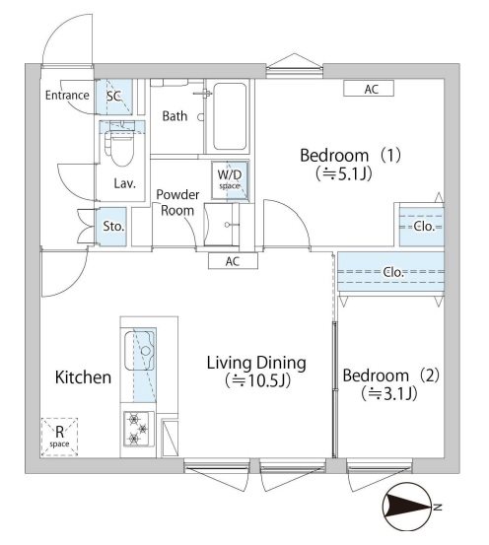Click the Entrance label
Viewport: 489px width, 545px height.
(x=67, y=96)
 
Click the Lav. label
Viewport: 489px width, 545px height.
(x=124, y=184)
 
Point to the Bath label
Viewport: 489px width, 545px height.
(x=175, y=116)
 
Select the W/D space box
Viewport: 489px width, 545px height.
(x=230, y=177)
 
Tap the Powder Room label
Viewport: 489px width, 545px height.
(x=178, y=202)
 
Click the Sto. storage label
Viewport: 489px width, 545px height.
(x=114, y=227)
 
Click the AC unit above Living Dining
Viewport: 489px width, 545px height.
(x=234, y=261)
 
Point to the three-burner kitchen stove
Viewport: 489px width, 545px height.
(x=136, y=430)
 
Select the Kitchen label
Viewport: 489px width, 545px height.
(x=83, y=377)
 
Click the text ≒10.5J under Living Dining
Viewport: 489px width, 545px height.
(x=255, y=380)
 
